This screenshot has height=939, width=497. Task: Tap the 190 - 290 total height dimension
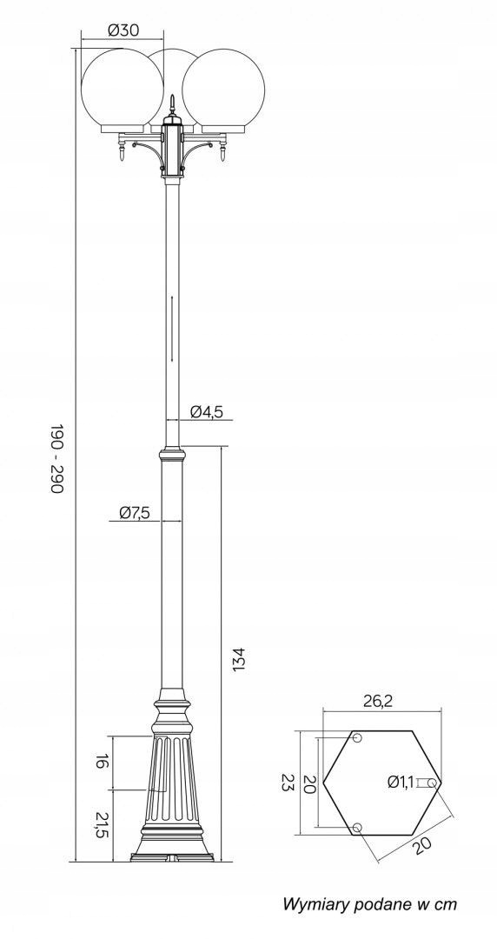click(x=56, y=459)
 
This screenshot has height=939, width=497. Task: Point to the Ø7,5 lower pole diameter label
click(x=134, y=512)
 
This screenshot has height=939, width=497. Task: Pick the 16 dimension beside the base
click(x=102, y=762)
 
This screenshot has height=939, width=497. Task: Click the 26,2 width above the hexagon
click(x=378, y=702)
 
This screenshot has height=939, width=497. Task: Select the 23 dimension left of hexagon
click(x=287, y=782)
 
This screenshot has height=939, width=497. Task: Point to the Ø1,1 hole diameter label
click(x=401, y=781)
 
